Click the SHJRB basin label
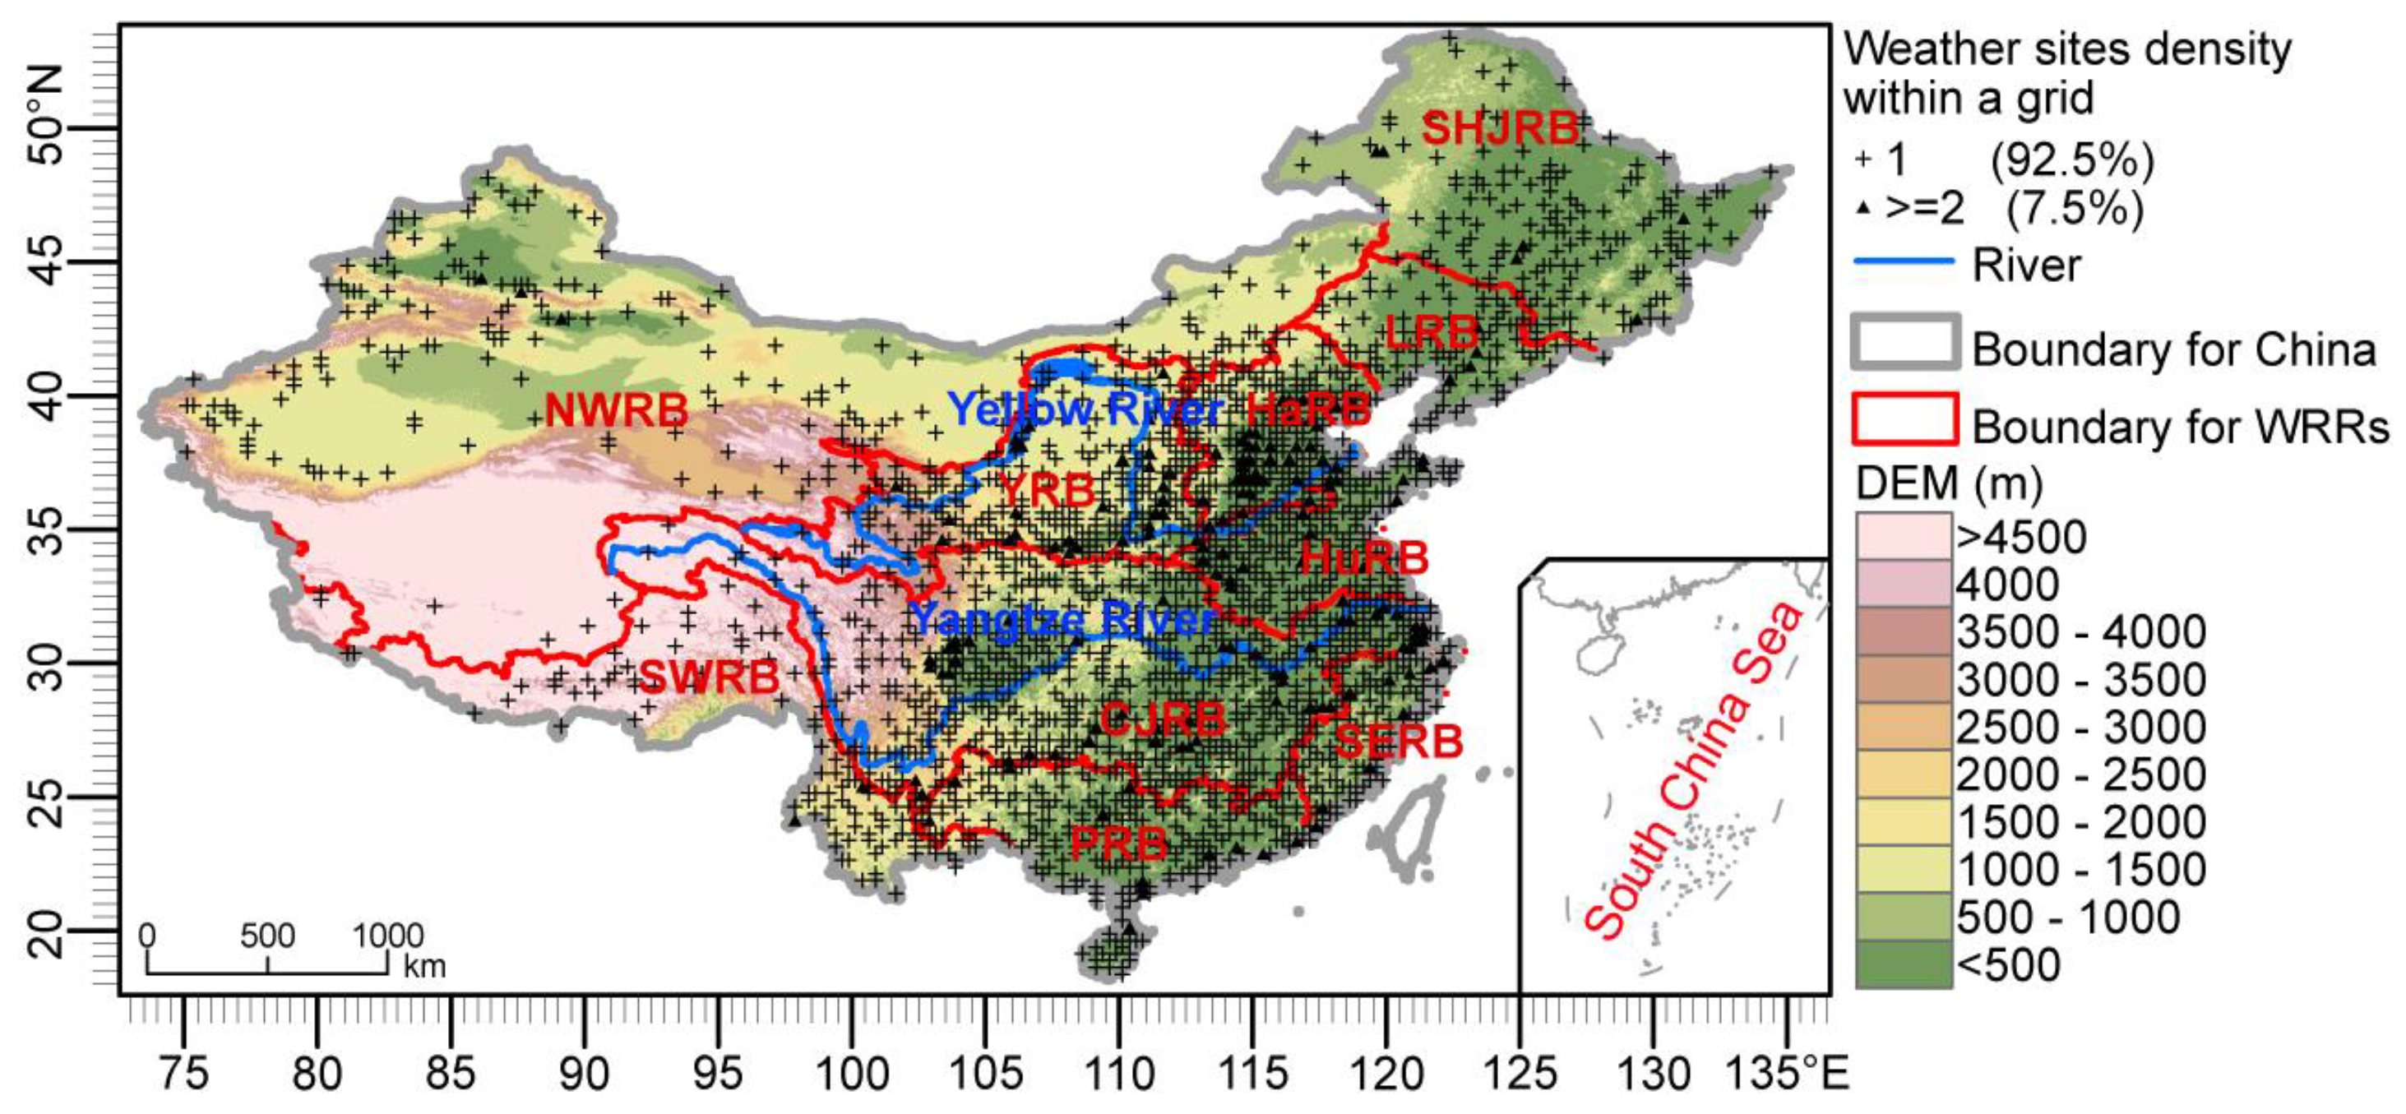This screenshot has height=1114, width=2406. pyautogui.click(x=1500, y=128)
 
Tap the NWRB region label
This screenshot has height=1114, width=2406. pyautogui.click(x=617, y=411)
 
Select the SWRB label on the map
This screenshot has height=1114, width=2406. pyautogui.click(x=709, y=677)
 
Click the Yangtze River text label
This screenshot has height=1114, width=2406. pyautogui.click(x=1063, y=620)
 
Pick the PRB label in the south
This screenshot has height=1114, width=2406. pyautogui.click(x=1118, y=844)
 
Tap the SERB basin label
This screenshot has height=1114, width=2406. pyautogui.click(x=1398, y=742)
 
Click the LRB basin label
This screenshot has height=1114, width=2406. pyautogui.click(x=1432, y=332)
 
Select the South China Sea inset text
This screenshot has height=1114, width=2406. pyautogui.click(x=1692, y=770)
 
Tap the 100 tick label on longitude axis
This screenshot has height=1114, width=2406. pyautogui.click(x=851, y=1074)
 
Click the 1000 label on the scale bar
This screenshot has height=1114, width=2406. pyautogui.click(x=387, y=935)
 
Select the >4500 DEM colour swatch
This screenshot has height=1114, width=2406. pyautogui.click(x=1903, y=536)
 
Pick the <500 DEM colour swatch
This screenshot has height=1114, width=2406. pyautogui.click(x=1903, y=964)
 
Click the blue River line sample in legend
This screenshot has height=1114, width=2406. pyautogui.click(x=1903, y=262)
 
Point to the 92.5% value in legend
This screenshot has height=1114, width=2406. pyautogui.click(x=2071, y=160)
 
